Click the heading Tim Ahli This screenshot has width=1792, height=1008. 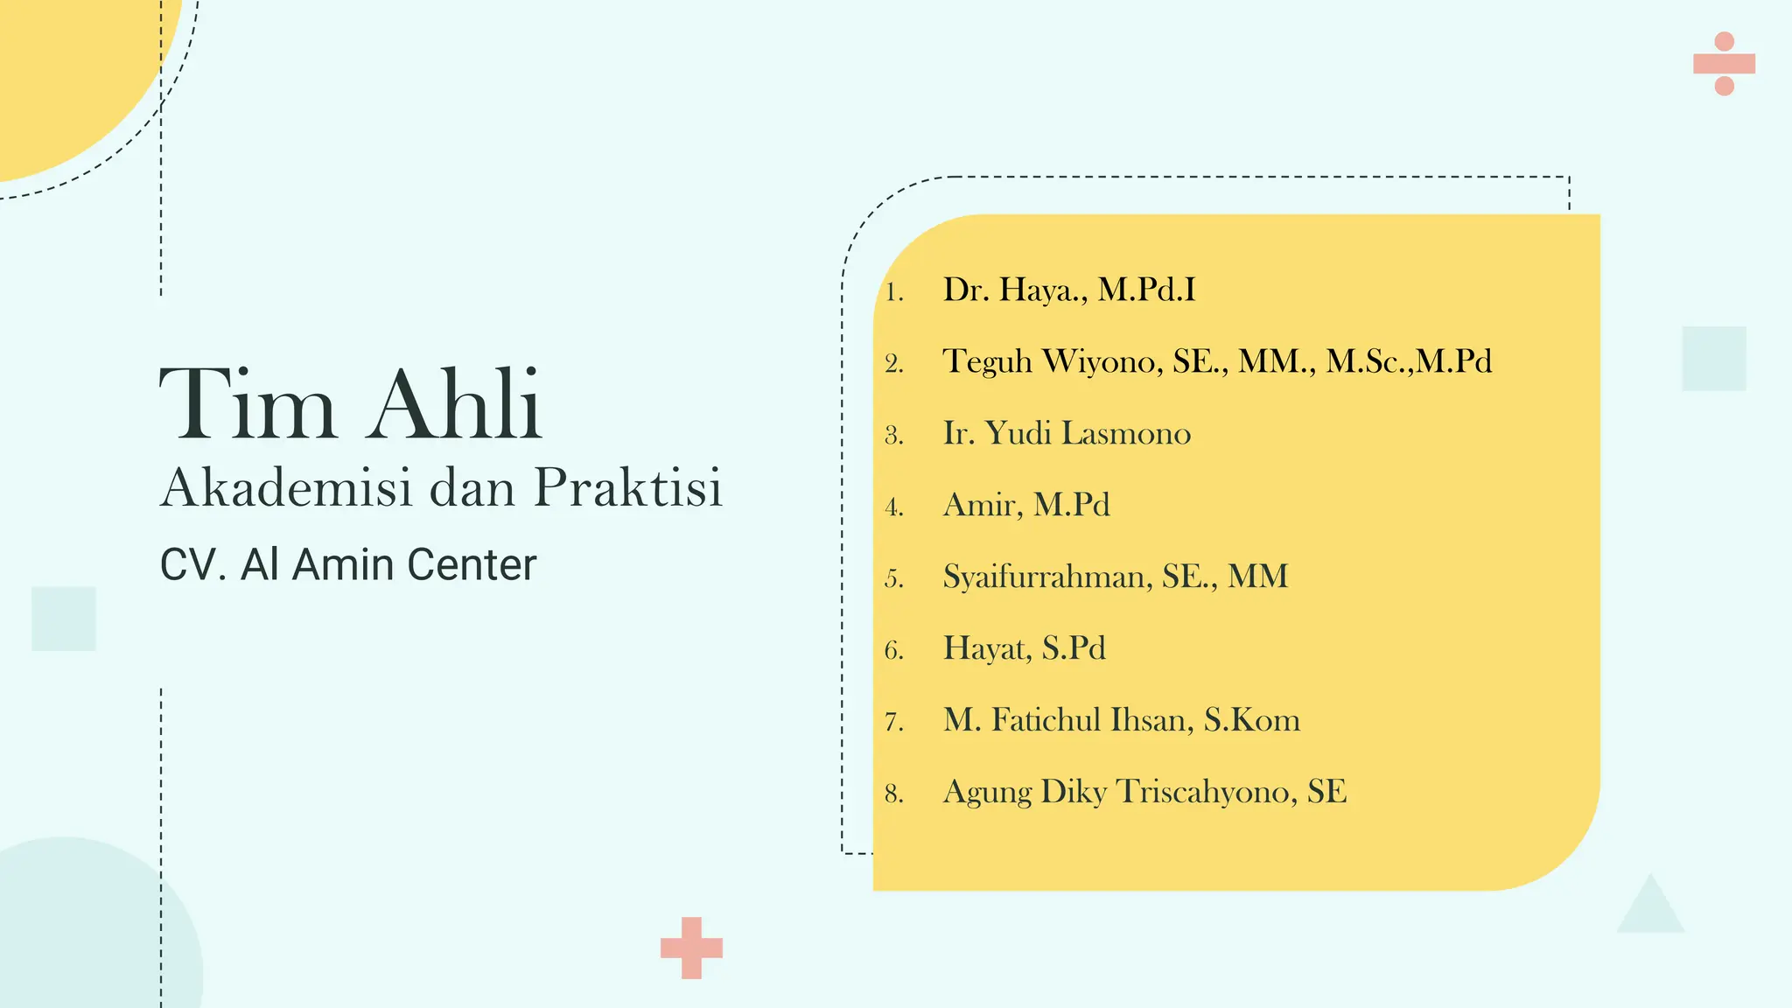click(351, 405)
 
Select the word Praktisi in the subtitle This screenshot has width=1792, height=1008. click(628, 487)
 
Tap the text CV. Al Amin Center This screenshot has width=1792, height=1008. click(347, 564)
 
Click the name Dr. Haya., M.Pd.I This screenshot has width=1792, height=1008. click(1068, 290)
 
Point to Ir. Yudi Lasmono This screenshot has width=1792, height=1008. click(1067, 433)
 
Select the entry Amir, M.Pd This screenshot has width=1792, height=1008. click(1026, 505)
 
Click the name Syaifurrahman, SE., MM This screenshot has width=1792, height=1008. click(1115, 577)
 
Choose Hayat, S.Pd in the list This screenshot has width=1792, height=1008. click(1024, 648)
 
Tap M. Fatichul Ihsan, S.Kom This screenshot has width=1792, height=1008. click(1121, 720)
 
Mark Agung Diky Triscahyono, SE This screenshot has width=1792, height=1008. click(1144, 792)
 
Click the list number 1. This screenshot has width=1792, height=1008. click(893, 292)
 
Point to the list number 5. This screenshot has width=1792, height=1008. click(893, 579)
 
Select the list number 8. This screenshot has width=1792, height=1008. click(893, 794)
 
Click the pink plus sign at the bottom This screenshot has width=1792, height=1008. click(691, 948)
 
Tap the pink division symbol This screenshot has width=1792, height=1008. click(1724, 64)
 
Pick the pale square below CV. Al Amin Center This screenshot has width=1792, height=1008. click(63, 619)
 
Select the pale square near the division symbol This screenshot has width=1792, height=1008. click(1713, 359)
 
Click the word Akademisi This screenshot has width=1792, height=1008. click(286, 487)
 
